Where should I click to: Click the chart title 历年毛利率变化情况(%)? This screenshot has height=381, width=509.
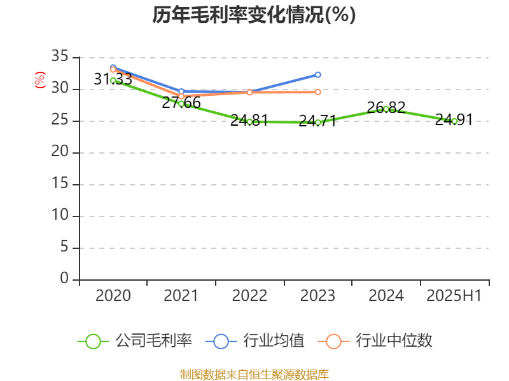254,15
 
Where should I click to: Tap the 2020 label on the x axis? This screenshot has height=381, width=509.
113,295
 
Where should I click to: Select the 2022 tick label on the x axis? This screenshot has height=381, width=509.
249,295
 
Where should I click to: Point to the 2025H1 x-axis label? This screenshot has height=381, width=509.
454,295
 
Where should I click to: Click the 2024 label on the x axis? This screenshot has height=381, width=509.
386,295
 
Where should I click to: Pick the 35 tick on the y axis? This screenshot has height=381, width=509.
60,57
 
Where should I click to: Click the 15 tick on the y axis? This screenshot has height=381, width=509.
60,184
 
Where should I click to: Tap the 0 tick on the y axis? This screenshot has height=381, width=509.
64,279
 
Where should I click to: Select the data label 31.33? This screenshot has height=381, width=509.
113,79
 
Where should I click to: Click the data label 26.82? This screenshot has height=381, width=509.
386,107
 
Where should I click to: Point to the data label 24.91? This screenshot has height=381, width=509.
454,119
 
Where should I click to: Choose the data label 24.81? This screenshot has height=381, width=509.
249,120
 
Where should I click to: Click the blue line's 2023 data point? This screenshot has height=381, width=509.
318,74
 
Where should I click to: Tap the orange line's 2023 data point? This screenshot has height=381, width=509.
318,92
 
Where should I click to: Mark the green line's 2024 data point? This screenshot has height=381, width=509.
386,109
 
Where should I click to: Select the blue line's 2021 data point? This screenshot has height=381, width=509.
181,91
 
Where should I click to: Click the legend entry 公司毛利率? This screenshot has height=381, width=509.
135,341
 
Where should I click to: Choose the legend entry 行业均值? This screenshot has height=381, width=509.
255,341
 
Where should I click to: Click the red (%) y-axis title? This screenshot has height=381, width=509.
39,79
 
